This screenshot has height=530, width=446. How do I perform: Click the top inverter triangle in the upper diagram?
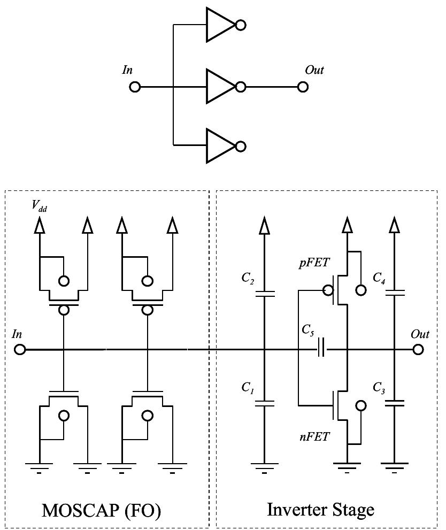(219, 25)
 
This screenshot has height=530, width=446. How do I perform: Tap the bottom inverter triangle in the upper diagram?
(219, 146)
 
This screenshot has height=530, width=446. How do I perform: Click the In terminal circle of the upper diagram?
(135, 87)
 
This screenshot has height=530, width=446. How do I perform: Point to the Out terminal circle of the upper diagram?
(303, 87)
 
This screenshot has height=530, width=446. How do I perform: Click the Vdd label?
(39, 207)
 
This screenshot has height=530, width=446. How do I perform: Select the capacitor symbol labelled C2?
(264, 294)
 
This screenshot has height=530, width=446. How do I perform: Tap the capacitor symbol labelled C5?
(321, 350)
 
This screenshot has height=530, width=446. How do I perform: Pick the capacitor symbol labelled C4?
(394, 293)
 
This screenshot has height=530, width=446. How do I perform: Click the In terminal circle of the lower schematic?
(20, 350)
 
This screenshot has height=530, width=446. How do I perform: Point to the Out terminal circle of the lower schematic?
(418, 350)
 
